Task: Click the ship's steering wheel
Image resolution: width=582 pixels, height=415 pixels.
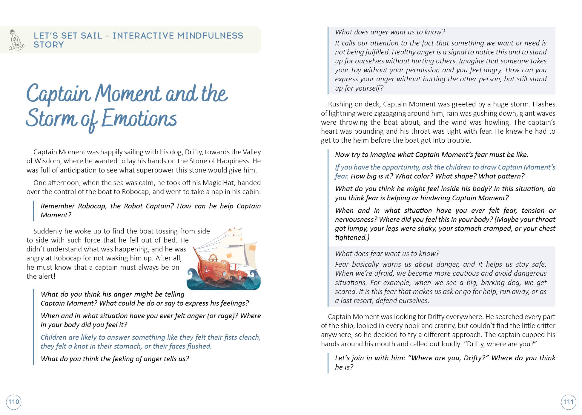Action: [213, 257]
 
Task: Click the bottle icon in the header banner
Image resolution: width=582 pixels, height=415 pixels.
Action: [16, 40]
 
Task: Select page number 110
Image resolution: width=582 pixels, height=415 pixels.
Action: [14, 402]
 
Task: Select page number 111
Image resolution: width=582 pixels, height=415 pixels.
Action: [568, 402]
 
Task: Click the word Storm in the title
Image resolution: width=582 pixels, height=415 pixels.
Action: [51, 118]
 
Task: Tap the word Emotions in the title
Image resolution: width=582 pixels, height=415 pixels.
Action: [139, 118]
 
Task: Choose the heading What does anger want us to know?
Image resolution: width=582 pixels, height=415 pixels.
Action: [390, 32]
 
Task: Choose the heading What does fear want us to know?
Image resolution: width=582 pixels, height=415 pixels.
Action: [387, 254]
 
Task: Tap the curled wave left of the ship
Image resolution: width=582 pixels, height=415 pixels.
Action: [191, 272]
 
